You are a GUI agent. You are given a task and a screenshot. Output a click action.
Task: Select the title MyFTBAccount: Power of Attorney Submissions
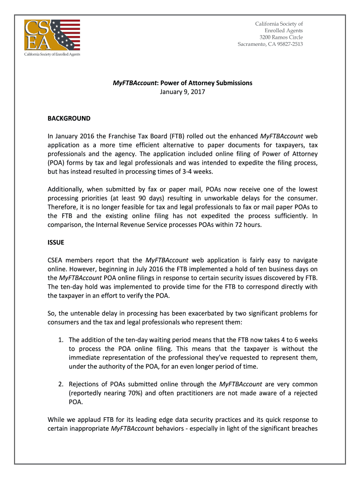pos(182,83)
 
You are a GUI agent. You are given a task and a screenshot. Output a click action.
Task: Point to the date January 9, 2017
pos(182,92)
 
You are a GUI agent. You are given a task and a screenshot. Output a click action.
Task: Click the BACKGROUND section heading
pos(69,118)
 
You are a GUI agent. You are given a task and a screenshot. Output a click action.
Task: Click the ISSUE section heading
pos(56,242)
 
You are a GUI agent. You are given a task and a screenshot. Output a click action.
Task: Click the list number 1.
pos(61,340)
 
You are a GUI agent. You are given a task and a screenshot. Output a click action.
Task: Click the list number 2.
pos(61,384)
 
